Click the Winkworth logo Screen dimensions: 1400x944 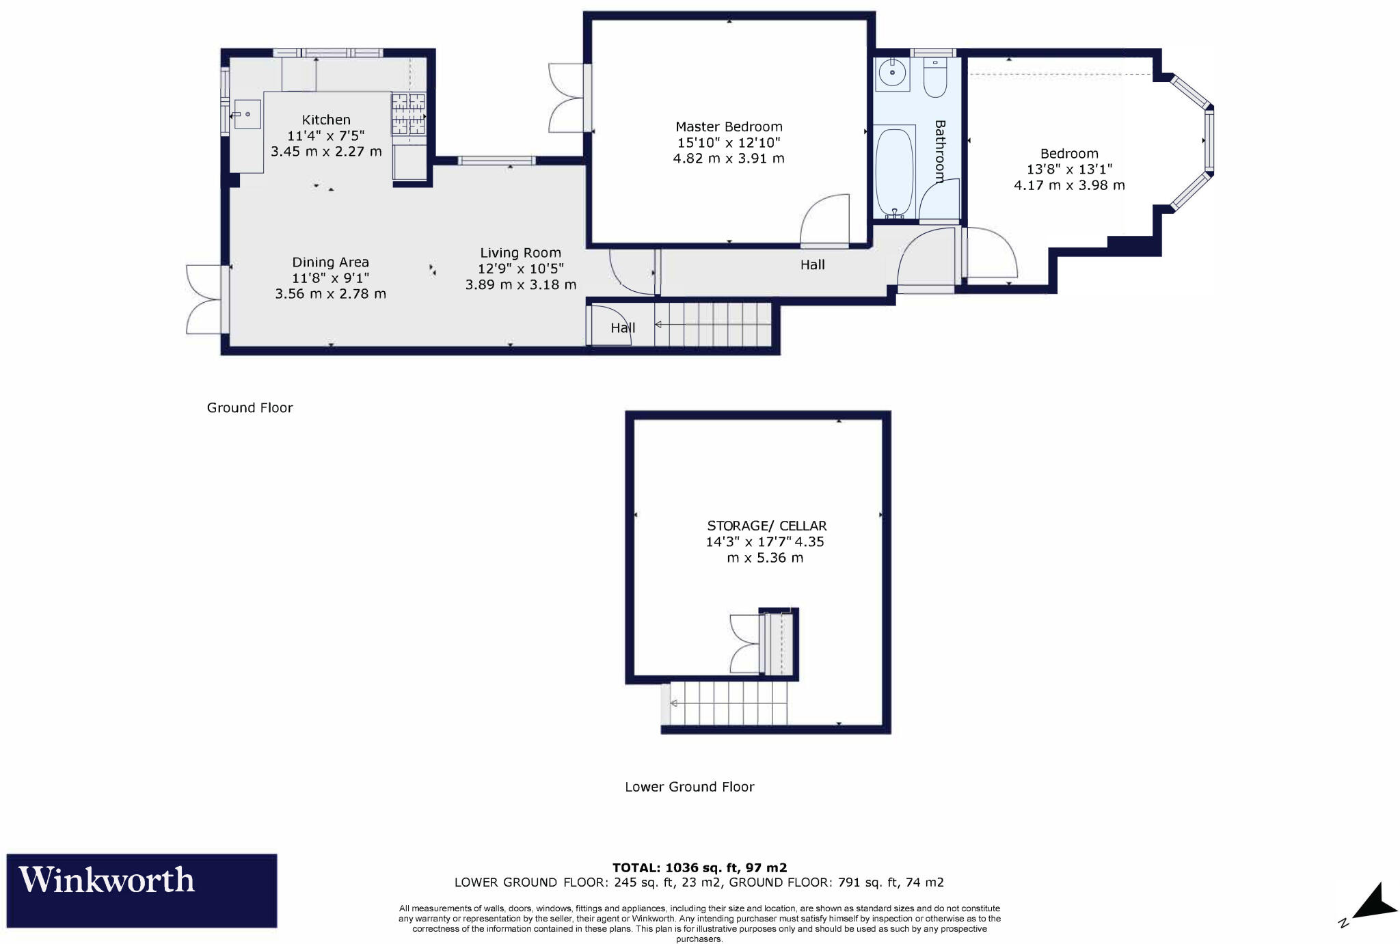142,890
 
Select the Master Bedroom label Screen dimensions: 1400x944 729,126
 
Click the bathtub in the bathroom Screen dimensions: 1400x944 894,172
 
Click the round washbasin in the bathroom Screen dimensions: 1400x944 892,72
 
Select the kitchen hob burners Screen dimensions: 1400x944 408,113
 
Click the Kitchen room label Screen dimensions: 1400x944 326,120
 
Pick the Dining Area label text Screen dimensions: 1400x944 330,262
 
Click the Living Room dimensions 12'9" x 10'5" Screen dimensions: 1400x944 521,269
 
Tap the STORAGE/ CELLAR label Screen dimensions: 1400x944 766,526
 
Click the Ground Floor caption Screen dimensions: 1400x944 250,407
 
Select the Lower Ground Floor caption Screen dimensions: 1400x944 689,787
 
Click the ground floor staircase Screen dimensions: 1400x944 713,325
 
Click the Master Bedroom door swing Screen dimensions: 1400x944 824,219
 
